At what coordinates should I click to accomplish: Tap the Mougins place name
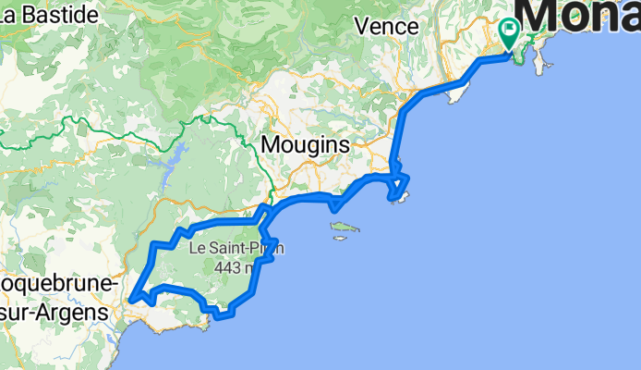pyautogui.click(x=305, y=145)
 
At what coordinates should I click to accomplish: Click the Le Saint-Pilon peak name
pyautogui.click(x=236, y=248)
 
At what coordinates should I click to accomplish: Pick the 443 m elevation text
pyautogui.click(x=234, y=267)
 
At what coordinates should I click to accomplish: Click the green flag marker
pyautogui.click(x=508, y=33)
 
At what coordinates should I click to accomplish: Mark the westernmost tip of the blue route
pyautogui.click(x=131, y=298)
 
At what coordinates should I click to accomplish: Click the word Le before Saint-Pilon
pyautogui.click(x=199, y=248)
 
